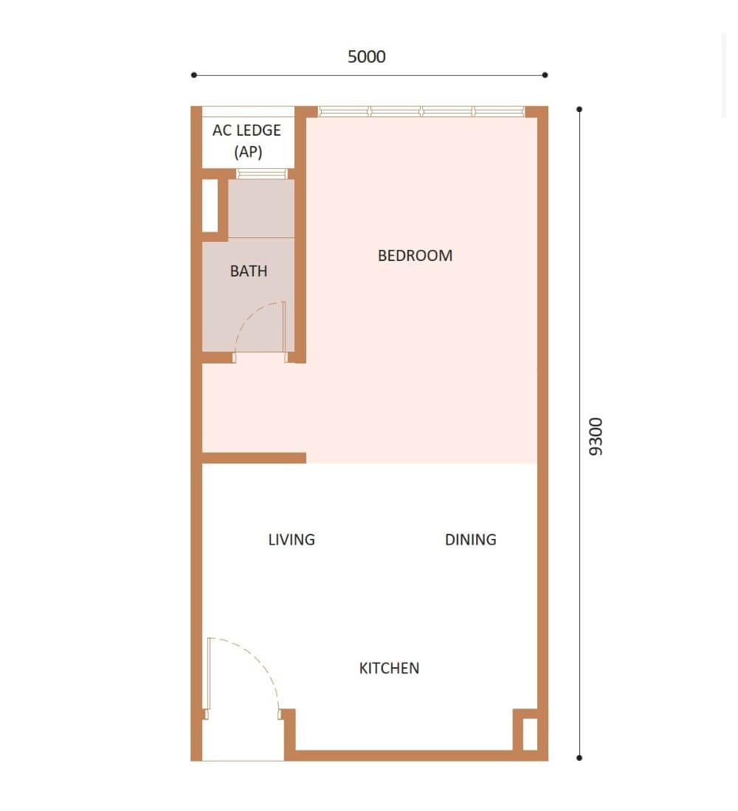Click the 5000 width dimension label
366,56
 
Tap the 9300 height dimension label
596,436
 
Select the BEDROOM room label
415,256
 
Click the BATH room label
249,271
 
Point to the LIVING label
292,540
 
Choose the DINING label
471,540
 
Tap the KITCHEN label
390,668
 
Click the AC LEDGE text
247,130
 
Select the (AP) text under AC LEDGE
248,152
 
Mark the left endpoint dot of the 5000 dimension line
193,75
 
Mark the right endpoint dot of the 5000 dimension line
545,75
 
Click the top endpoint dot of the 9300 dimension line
579,109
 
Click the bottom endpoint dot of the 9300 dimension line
579,758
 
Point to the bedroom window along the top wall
421,111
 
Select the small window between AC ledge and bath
261,173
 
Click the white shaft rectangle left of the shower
210,206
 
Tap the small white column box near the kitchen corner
530,734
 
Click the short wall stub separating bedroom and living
254,458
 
